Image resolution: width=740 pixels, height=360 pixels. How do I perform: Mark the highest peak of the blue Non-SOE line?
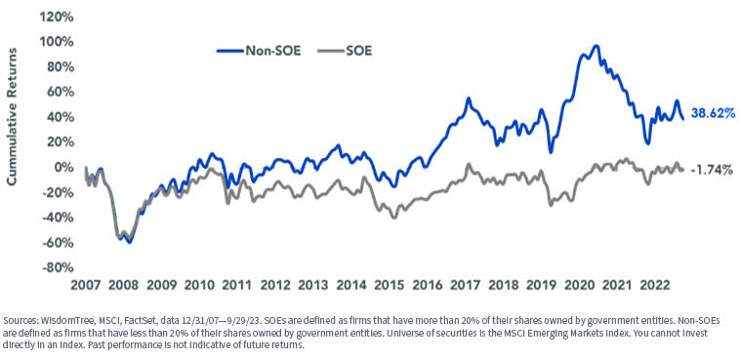tap(596, 46)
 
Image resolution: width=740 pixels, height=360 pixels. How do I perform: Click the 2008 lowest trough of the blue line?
tap(129, 242)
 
